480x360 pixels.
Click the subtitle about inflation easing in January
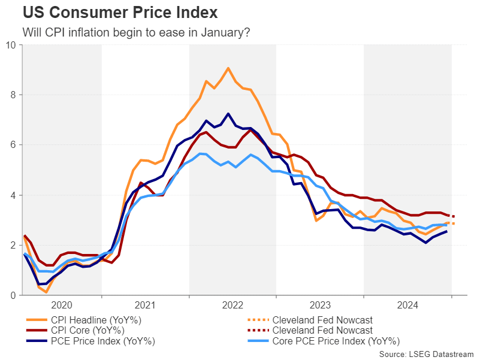coord(135,32)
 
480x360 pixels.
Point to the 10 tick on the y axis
coord(11,45)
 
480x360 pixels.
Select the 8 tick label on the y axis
coord(13,95)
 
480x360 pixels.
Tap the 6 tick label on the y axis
coord(13,146)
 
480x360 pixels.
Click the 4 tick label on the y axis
coord(13,196)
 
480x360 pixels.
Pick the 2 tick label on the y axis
coord(13,246)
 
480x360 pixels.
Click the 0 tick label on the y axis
coord(13,296)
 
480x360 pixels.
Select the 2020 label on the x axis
coord(62,304)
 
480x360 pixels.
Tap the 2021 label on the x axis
coord(145,304)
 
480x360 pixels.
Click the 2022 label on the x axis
coord(233,304)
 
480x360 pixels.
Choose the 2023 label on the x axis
coord(319,304)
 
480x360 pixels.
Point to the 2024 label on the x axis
coord(406,304)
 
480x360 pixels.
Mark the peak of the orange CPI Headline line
coord(228,68)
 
